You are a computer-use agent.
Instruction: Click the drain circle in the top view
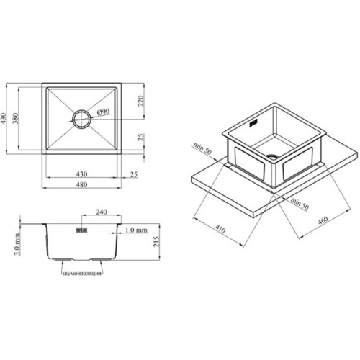pyautogui.click(x=73, y=120)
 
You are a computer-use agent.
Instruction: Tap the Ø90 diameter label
pyautogui.click(x=104, y=112)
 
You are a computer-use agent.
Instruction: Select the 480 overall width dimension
pyautogui.click(x=81, y=184)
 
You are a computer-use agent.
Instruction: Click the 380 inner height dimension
pyautogui.click(x=16, y=118)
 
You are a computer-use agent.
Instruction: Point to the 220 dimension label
pyautogui.click(x=141, y=101)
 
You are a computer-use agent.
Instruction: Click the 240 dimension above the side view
pyautogui.click(x=102, y=212)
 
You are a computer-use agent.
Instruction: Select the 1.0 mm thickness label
pyautogui.click(x=136, y=230)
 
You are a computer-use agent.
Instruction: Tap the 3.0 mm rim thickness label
pyautogui.click(x=17, y=244)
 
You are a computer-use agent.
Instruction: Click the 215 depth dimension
pyautogui.click(x=156, y=241)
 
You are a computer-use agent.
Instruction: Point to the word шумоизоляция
pyautogui.click(x=82, y=274)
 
